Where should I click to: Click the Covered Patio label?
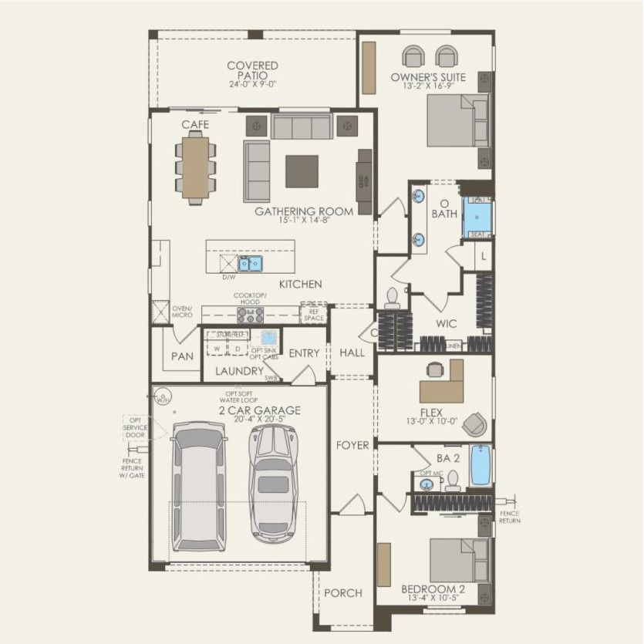(x=252, y=71)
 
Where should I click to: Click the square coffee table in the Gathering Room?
(x=302, y=171)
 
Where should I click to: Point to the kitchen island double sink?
(x=250, y=265)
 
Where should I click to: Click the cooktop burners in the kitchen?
(x=250, y=315)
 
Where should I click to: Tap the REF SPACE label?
(x=313, y=315)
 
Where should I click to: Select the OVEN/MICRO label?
(x=181, y=310)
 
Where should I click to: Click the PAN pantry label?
(x=182, y=356)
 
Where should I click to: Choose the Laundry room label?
(x=240, y=371)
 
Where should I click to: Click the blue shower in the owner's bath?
(x=477, y=218)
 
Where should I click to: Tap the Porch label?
(x=342, y=593)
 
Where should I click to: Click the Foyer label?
(x=351, y=446)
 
